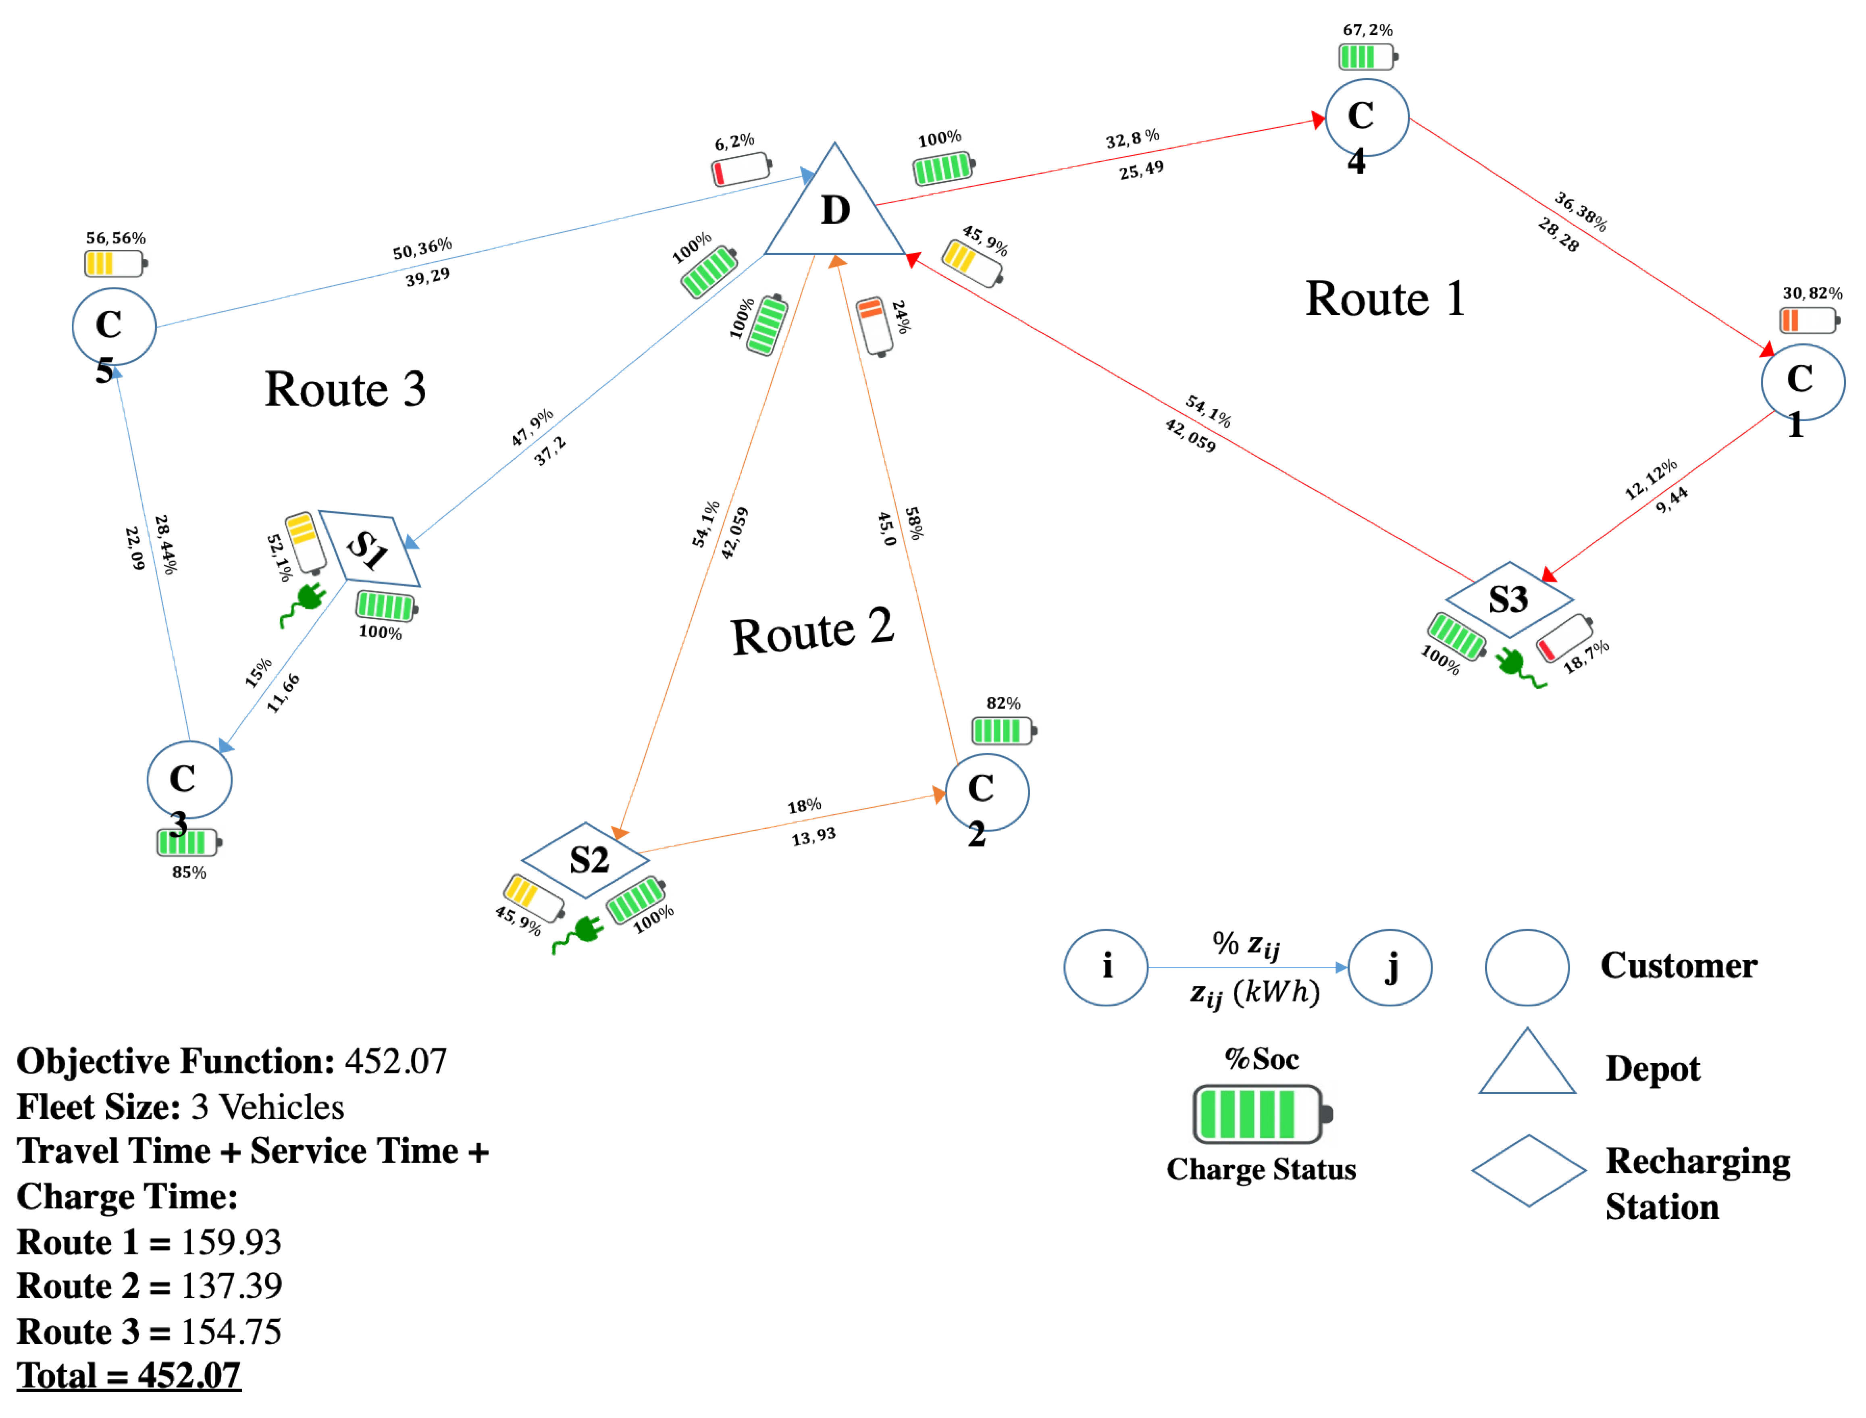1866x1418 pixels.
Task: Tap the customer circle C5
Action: [114, 326]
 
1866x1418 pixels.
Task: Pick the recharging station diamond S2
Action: [586, 859]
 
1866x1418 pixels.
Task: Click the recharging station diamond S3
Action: [1509, 599]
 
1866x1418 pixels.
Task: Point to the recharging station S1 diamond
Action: [369, 549]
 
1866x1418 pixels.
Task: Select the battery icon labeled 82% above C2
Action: [1003, 731]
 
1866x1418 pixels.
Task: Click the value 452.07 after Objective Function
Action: [396, 1061]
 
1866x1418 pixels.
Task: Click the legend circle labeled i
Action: [1106, 967]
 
